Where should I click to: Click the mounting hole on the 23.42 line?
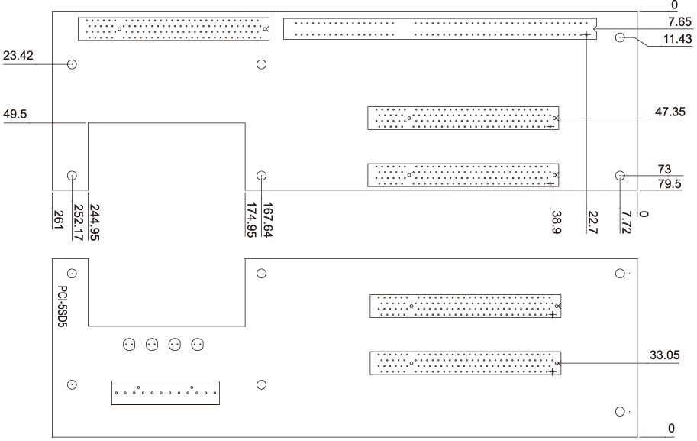coord(72,65)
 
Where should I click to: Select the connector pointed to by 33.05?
coord(466,362)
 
